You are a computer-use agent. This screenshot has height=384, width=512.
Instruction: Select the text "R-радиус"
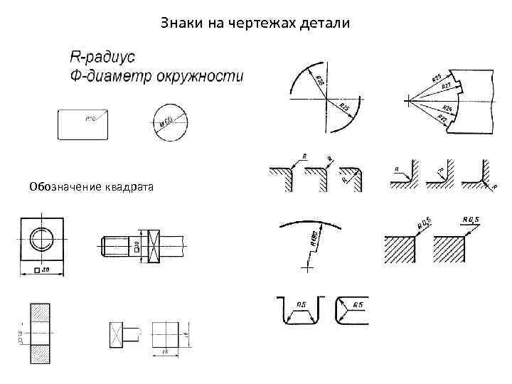click(104, 55)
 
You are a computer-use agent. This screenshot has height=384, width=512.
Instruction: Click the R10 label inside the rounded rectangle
click(92, 119)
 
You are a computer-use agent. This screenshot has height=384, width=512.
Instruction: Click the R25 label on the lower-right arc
click(344, 107)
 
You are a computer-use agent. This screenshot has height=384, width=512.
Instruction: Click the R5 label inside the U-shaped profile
click(302, 305)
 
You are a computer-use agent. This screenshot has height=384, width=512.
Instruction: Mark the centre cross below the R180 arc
click(307, 269)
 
